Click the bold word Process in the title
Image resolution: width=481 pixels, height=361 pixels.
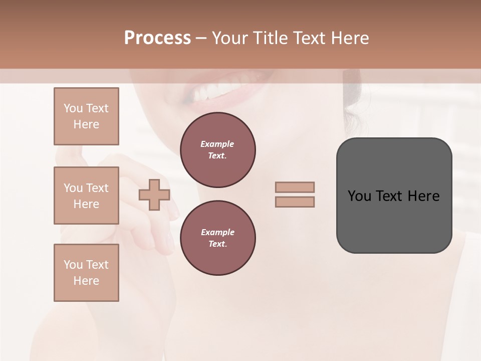click(x=157, y=38)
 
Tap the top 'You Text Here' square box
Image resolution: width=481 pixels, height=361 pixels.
click(x=86, y=116)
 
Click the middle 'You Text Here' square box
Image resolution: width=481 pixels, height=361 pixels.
click(x=86, y=196)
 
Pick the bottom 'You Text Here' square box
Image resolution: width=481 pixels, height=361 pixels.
click(x=86, y=273)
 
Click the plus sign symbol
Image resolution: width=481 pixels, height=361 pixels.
click(x=154, y=195)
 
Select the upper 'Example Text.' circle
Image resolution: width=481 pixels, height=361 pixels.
click(x=217, y=150)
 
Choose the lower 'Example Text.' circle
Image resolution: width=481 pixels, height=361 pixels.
click(x=217, y=238)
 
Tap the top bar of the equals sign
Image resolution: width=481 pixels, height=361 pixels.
click(x=295, y=187)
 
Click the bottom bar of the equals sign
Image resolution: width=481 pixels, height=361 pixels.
click(x=295, y=202)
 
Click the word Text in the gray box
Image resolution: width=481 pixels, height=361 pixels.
click(x=389, y=196)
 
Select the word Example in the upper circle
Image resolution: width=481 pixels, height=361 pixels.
click(x=217, y=144)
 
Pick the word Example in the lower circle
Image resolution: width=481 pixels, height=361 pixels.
click(x=217, y=232)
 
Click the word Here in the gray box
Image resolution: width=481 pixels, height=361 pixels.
click(x=423, y=196)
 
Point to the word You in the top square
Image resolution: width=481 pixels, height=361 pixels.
click(x=72, y=108)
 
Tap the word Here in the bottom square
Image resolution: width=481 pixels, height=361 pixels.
click(x=86, y=281)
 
